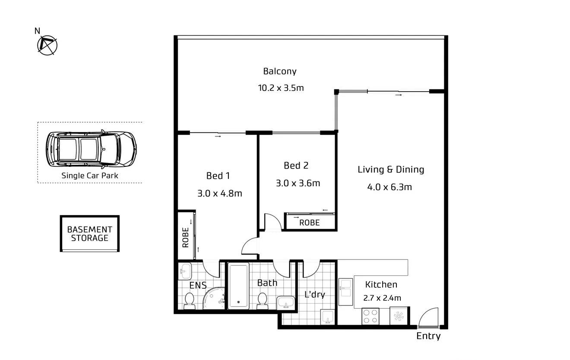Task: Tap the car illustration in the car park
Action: [x=91, y=149]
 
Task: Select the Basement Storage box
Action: [x=89, y=234]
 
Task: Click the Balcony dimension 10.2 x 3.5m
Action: [x=281, y=88]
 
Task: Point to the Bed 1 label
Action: [x=218, y=175]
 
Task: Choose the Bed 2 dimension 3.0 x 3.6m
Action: [x=298, y=183]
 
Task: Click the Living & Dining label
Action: [x=390, y=169]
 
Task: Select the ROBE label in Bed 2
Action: [x=310, y=223]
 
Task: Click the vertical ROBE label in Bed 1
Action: [x=186, y=237]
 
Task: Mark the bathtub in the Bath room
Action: [x=238, y=286]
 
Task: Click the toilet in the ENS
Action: [x=189, y=300]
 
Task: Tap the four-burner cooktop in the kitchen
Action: [x=370, y=316]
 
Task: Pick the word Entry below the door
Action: [x=428, y=336]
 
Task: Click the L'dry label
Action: [x=314, y=295]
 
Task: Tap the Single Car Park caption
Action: [x=90, y=175]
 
